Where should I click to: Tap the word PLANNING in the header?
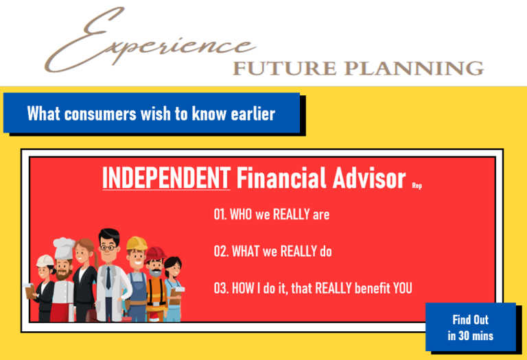tap(414, 69)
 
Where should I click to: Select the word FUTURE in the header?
tap(284, 69)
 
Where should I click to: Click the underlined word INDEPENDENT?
tap(166, 178)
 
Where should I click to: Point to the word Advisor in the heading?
tap(369, 178)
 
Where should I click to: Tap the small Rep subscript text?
tap(417, 186)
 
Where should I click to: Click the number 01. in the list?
tap(220, 214)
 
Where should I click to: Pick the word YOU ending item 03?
tap(402, 288)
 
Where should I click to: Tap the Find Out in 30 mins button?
tap(471, 327)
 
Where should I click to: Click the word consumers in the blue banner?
tap(100, 114)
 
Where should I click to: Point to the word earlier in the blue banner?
tap(253, 114)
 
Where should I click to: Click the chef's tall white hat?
tap(64, 248)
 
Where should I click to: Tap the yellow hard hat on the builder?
tap(137, 243)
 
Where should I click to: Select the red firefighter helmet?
tap(155, 253)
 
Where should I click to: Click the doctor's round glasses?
tap(108, 248)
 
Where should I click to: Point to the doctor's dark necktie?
tap(108, 278)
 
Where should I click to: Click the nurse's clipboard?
tap(175, 296)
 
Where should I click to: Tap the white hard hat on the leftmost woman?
tap(45, 261)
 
